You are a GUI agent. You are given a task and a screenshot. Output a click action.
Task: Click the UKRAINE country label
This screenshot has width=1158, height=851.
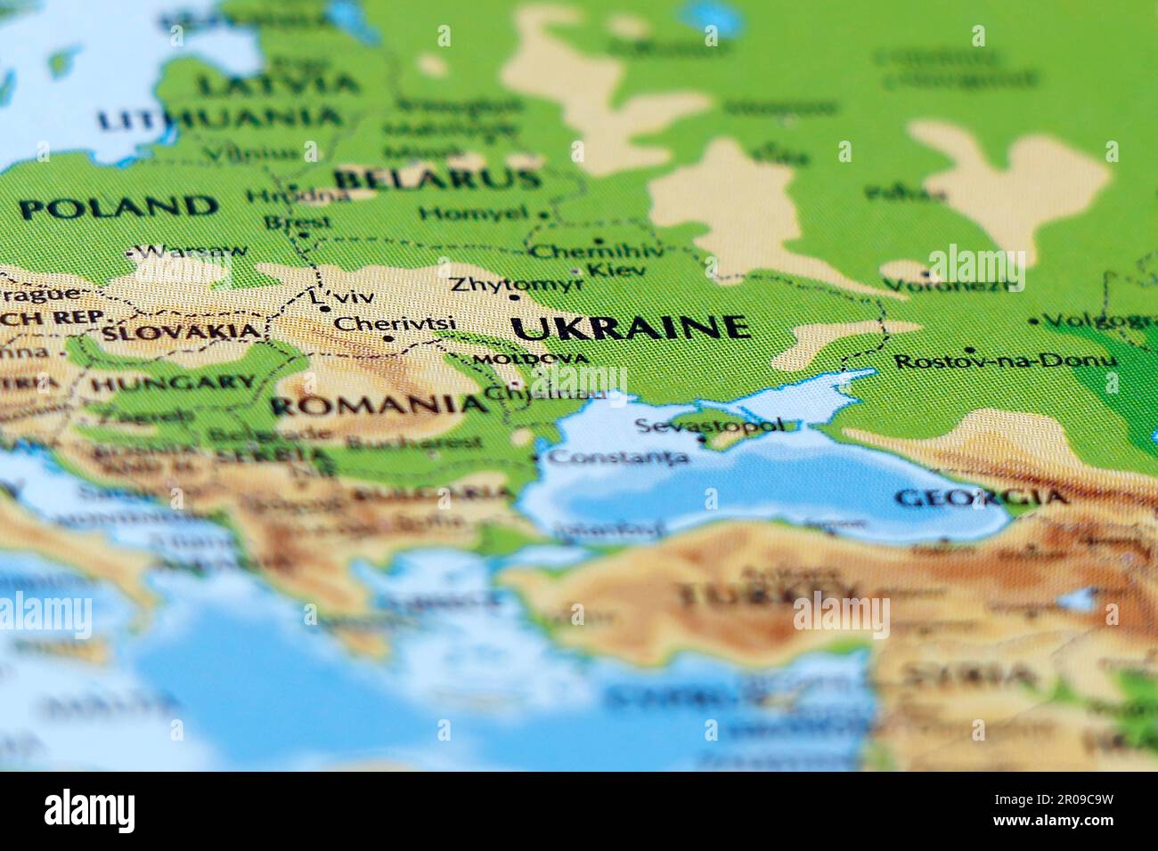[x=631, y=328]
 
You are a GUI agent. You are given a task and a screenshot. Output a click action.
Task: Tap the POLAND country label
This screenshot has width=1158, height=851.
[x=118, y=207]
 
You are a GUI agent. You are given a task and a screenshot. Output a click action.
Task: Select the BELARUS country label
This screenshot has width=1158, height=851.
[x=437, y=179]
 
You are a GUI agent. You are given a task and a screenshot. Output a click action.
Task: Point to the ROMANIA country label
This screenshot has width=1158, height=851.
[x=379, y=406]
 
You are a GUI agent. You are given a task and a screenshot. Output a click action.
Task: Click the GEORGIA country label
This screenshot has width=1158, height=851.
[x=981, y=498]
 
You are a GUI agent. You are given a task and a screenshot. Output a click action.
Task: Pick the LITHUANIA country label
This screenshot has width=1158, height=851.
[x=219, y=118]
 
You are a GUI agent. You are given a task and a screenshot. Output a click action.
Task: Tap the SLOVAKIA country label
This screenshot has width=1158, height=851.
[x=183, y=332]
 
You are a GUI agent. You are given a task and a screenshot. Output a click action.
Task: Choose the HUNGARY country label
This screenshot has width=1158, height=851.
[x=173, y=384]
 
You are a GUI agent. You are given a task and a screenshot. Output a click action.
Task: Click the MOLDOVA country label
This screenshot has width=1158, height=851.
[x=531, y=359]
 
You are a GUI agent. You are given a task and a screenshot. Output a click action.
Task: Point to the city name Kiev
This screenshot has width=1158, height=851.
[x=616, y=268]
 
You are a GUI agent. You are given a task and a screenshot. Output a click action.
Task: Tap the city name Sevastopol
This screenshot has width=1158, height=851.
[x=710, y=425]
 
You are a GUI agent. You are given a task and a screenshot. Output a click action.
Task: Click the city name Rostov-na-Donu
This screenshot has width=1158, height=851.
[x=1005, y=361]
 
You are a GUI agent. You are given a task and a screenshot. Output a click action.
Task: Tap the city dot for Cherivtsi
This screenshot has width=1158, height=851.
[x=388, y=338]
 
